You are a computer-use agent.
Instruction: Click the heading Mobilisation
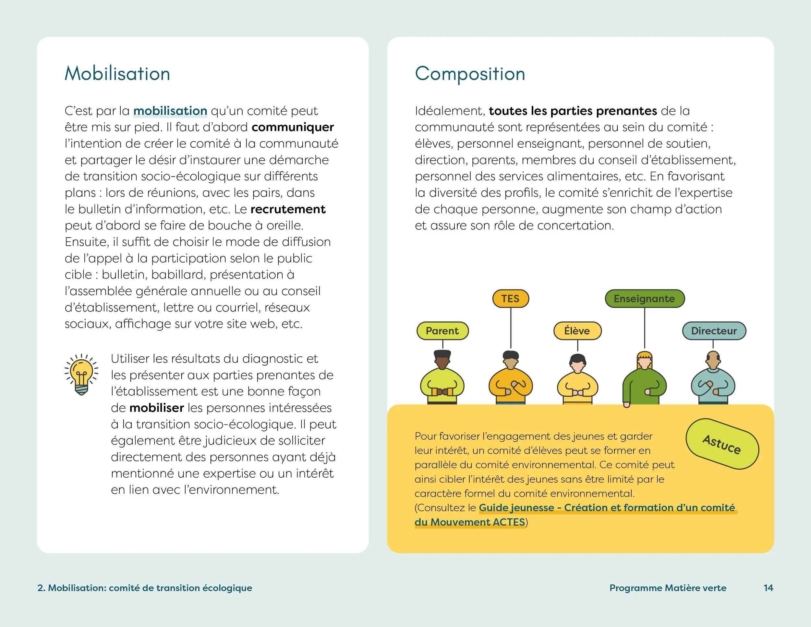coord(117,74)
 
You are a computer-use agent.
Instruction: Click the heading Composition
coord(470,74)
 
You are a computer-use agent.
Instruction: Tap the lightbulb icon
coord(81,375)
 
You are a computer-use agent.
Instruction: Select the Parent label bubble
coord(442,331)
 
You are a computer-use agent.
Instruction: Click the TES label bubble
coord(510,299)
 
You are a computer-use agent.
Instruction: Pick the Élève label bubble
coord(577,331)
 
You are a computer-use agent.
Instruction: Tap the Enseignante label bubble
coord(644,299)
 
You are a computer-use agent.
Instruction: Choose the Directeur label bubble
coord(714,331)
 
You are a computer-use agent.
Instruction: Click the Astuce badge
coord(722,444)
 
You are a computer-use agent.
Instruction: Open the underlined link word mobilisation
coord(170,111)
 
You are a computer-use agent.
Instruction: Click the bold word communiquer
coord(293,127)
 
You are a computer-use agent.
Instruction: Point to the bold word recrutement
coord(288,209)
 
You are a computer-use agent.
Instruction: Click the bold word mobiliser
coord(156,408)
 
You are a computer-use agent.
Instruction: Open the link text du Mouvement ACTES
coord(470,522)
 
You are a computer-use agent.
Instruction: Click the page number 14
coord(768,588)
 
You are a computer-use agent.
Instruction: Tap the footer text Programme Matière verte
coord(668,588)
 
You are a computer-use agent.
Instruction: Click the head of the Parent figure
coord(442,360)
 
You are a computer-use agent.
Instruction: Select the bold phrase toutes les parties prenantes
coord(573,111)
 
